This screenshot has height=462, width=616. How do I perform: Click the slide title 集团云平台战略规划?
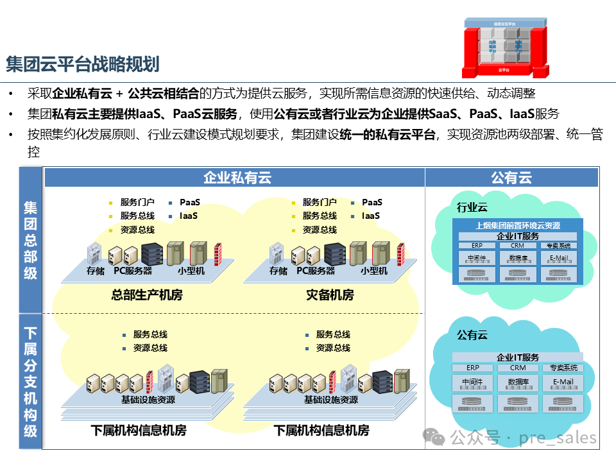(x=82, y=64)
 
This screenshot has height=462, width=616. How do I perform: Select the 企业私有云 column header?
(x=237, y=178)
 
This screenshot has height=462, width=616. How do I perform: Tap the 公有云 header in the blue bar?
(x=511, y=178)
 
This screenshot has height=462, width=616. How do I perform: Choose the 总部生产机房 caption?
(x=147, y=295)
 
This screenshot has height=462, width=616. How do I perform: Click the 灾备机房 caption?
(x=330, y=295)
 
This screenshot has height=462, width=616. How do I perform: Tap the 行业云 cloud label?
(x=472, y=207)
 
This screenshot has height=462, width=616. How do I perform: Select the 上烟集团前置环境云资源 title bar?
(x=518, y=225)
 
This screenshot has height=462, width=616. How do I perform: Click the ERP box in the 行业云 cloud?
(x=477, y=246)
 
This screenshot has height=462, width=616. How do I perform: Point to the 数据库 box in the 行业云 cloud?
(x=518, y=258)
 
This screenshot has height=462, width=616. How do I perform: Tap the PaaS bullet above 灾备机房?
(x=372, y=202)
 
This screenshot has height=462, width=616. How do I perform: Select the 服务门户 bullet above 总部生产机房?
(x=137, y=202)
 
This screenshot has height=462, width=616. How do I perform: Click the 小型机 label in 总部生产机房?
(x=192, y=271)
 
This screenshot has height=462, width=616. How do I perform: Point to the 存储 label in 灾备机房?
(x=278, y=271)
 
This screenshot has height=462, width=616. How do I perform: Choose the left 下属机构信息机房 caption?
(x=139, y=431)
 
